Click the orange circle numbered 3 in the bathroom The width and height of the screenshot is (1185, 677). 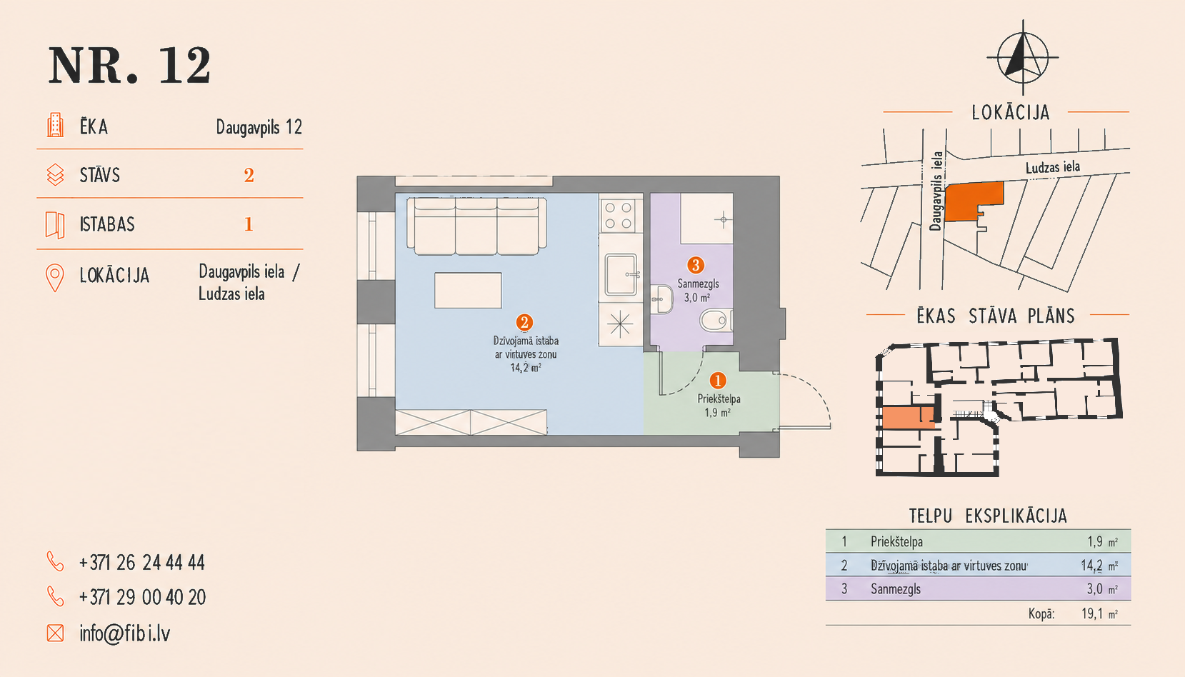pos(696,265)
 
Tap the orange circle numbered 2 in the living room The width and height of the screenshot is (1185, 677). pos(524,322)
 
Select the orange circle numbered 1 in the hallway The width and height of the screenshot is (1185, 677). pos(718,381)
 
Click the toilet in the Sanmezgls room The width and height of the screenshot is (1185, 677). pos(716,321)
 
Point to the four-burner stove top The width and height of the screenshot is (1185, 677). pos(619,215)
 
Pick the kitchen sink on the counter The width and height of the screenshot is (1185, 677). pos(621,274)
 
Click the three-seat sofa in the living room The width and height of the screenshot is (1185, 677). pos(476,226)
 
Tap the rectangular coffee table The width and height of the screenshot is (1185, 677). pos(468,291)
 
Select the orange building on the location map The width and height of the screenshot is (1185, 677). pos(974,201)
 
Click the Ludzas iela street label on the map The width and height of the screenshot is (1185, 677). pos(1053,168)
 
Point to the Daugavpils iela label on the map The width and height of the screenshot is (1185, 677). pos(936,191)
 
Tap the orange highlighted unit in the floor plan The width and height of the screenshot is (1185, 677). pos(908,418)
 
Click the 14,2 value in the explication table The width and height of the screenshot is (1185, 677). pos(1092,566)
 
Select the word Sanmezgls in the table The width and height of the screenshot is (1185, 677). pos(896,588)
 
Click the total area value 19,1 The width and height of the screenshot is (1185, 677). pos(1092,613)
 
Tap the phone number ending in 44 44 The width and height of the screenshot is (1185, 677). pos(141,563)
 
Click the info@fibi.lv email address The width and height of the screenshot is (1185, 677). pos(125,633)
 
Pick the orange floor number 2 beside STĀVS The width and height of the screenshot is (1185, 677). pos(249,175)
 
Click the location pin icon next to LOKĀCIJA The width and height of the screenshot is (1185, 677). pos(55,278)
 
